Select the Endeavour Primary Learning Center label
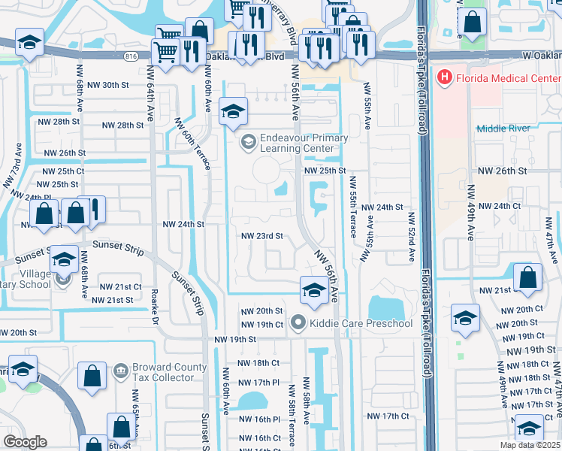(x=304, y=143)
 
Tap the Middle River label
(x=503, y=129)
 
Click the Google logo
(x=24, y=442)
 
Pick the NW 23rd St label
(x=261, y=236)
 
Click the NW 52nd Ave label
(x=412, y=237)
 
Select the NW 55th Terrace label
(x=352, y=214)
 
